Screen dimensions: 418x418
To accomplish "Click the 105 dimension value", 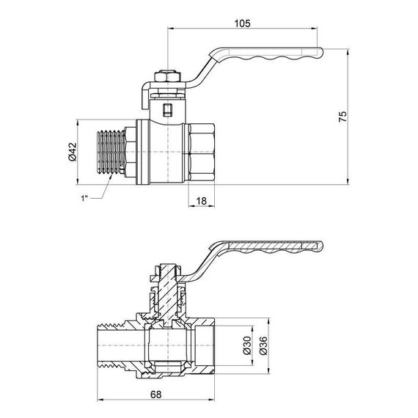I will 243,23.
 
